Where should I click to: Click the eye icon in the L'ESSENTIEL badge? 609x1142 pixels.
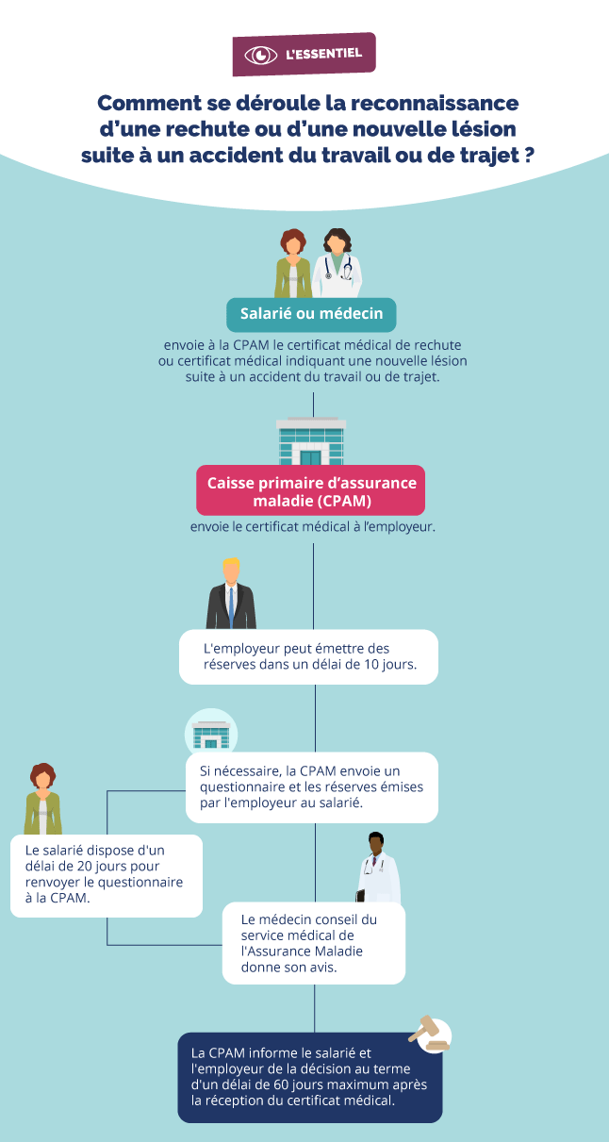(260, 55)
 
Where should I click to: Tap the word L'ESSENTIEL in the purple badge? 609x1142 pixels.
(323, 54)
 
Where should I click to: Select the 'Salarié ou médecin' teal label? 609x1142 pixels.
(311, 314)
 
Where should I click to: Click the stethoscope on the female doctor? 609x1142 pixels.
(338, 268)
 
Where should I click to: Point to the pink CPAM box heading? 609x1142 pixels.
(311, 490)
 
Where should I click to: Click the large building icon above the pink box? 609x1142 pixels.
(311, 441)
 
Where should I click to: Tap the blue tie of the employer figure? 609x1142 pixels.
(231, 606)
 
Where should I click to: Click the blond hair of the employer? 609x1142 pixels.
(231, 565)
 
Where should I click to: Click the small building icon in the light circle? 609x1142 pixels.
(211, 733)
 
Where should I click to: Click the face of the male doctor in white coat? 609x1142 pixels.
(376, 845)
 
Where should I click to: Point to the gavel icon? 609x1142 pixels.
(431, 1034)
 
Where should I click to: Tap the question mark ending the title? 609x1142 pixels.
(529, 155)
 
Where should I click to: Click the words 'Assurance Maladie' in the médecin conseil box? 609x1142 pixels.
(302, 952)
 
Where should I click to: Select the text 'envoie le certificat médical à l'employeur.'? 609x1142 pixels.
(312, 526)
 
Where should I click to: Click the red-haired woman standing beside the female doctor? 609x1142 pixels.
(293, 264)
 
